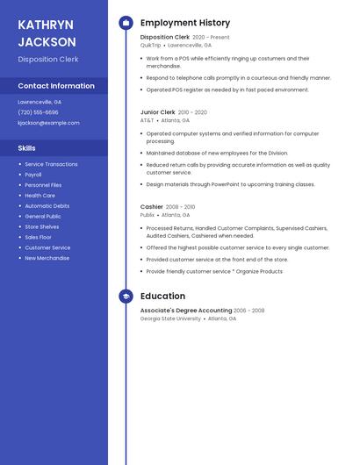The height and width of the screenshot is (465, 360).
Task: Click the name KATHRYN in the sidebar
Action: point(46,25)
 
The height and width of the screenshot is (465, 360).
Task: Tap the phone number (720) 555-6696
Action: point(38,112)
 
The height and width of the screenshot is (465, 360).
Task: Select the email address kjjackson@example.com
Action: point(48,123)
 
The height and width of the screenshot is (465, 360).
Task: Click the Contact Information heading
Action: point(56,86)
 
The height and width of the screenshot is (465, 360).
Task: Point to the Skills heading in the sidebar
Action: point(27,148)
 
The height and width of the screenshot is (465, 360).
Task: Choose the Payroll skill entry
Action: point(34,175)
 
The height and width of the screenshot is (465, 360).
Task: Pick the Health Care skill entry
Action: point(40,196)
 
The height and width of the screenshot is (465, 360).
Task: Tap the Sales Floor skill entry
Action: point(38,237)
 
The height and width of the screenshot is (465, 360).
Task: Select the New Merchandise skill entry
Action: point(47,258)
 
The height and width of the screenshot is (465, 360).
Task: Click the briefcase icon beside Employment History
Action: point(126,23)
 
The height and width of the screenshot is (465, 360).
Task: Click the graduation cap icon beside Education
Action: point(126,297)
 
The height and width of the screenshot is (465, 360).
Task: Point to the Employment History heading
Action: point(185,23)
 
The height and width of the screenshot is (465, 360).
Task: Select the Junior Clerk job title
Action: point(158,112)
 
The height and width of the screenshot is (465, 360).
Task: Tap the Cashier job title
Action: point(152,207)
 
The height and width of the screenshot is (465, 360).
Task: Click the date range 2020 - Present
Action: point(211,38)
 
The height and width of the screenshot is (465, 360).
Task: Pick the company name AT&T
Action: point(148,120)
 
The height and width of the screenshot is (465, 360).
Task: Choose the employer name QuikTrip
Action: point(151,45)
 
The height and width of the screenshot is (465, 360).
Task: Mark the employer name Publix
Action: point(148,215)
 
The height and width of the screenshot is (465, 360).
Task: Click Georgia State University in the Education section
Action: point(170,318)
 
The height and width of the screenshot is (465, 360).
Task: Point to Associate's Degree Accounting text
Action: point(186,311)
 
